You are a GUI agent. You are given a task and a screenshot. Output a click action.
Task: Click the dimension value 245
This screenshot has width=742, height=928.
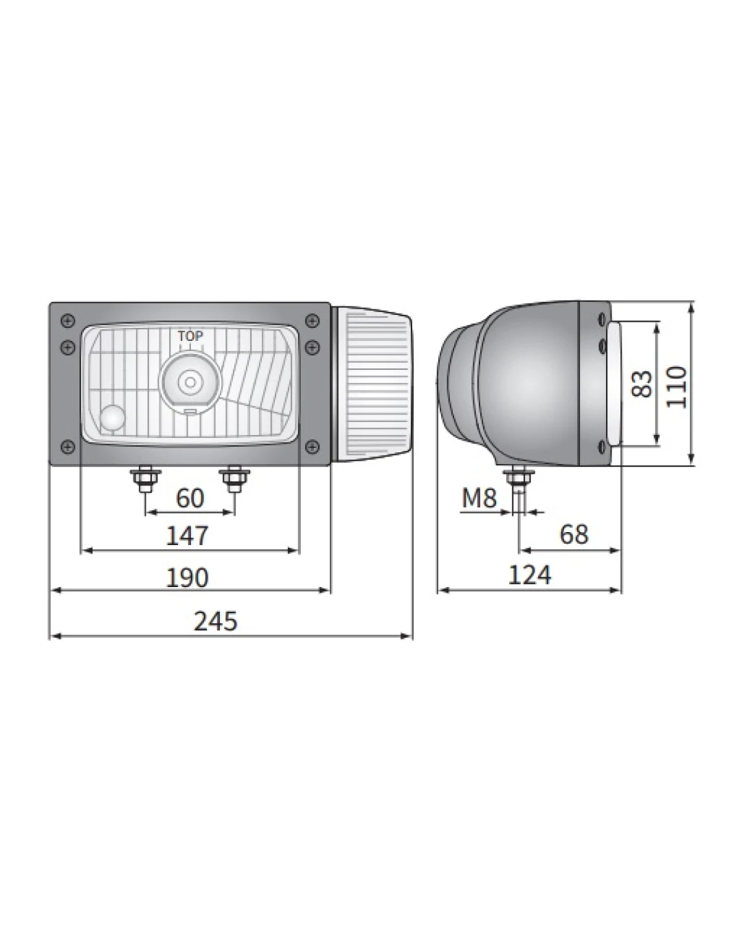[x=215, y=621]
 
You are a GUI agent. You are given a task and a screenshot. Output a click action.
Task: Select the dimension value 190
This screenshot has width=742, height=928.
[x=187, y=578]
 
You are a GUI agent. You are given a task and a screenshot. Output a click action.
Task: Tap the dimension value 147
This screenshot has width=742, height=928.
[x=187, y=536]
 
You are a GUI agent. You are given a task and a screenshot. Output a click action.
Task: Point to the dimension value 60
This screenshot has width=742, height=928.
[x=190, y=498]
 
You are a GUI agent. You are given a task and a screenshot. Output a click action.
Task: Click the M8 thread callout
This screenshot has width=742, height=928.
[x=479, y=498]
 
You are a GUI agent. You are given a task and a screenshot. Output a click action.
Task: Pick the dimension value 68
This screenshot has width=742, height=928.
[x=574, y=534]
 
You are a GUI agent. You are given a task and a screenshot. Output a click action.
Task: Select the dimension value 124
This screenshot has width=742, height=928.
[x=530, y=575]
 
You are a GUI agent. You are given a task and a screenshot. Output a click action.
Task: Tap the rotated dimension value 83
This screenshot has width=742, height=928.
[x=641, y=384]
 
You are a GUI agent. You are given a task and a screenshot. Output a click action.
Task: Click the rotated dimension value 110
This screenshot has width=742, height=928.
[x=675, y=386]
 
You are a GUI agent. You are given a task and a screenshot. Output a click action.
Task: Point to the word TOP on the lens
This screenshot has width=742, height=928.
[x=190, y=336]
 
